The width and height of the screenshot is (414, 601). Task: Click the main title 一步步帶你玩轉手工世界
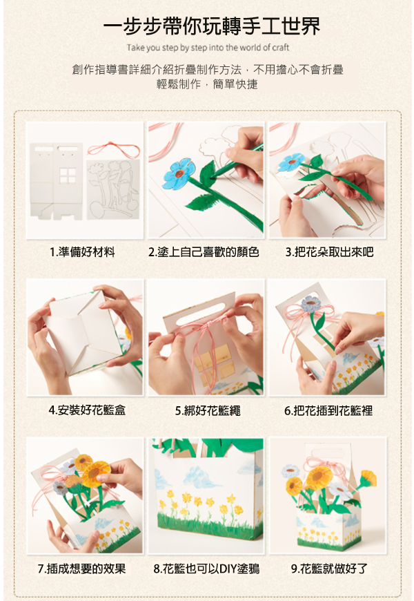click(212, 26)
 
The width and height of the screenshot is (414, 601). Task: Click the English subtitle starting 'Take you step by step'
click(208, 48)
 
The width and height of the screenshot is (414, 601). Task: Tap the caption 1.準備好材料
click(82, 252)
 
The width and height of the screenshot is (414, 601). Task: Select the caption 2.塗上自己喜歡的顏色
click(204, 252)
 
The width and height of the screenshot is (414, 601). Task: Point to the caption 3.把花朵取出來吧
click(329, 252)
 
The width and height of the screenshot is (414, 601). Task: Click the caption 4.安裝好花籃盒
click(87, 410)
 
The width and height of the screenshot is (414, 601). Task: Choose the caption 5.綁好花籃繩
click(208, 411)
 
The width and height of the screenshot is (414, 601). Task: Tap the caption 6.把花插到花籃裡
click(328, 411)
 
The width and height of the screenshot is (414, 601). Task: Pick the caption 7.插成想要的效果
click(81, 569)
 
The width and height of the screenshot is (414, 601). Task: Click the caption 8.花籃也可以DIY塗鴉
click(206, 569)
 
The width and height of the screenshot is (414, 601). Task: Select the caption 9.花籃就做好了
click(329, 569)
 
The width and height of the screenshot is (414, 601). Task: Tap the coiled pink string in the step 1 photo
click(113, 149)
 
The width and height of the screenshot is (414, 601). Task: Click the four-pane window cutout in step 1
click(68, 175)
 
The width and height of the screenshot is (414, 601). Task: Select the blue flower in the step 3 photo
click(292, 162)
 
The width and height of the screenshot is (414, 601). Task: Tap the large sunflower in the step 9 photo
click(319, 477)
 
